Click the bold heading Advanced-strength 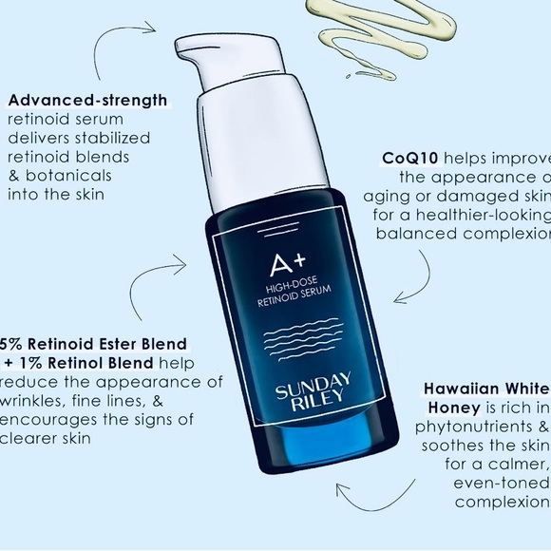87,100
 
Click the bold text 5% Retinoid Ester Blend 94,343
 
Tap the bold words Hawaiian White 486,388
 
